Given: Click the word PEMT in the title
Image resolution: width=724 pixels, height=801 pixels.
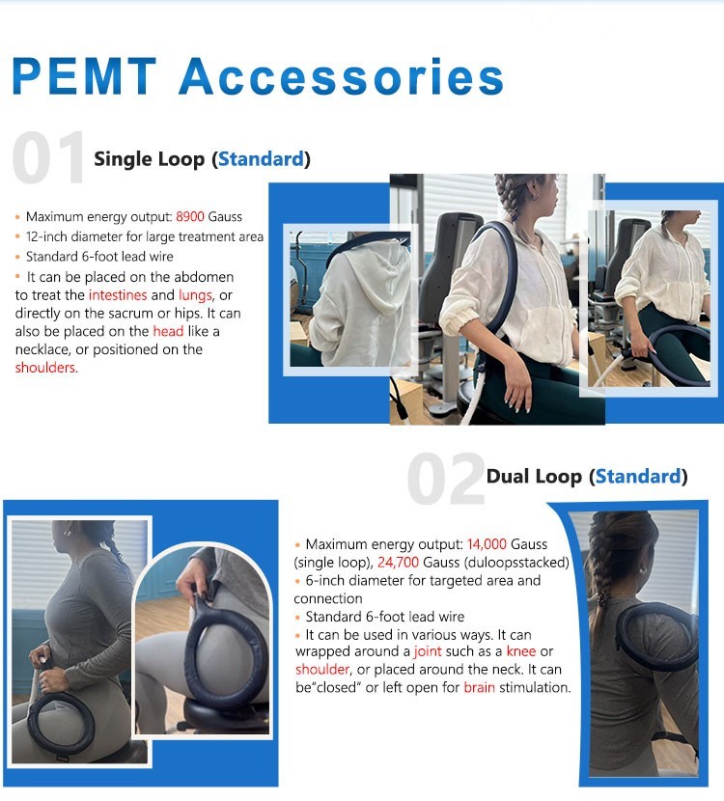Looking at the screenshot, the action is point(84,76).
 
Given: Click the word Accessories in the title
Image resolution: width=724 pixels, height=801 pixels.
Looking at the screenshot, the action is point(342,76).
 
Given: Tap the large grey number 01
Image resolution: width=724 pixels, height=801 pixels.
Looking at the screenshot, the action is point(48,157).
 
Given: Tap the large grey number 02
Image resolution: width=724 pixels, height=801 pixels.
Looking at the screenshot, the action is point(446,479).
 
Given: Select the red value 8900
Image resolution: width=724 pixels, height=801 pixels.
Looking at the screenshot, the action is point(190,216).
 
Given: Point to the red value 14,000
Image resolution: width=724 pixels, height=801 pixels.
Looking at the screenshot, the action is point(487,544).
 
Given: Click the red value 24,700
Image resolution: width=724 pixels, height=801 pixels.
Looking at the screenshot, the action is point(398,563).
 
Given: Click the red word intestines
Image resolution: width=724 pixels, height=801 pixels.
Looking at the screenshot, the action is point(118,295).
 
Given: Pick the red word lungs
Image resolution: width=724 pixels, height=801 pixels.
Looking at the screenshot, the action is point(195,295).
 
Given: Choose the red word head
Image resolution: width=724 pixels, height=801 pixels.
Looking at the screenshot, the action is point(168,331).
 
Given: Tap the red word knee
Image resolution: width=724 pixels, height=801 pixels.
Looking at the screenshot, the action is point(521,651).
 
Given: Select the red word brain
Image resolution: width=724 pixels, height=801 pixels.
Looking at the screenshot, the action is point(479,687).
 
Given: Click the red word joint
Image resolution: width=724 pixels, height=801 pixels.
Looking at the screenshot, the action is point(428,651).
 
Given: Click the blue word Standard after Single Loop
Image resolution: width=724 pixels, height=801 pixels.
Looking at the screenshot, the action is point(261,159).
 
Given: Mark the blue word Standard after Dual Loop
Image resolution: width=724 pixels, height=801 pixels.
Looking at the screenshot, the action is point(639,477).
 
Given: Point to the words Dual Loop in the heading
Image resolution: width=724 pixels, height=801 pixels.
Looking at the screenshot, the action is point(534,477).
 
